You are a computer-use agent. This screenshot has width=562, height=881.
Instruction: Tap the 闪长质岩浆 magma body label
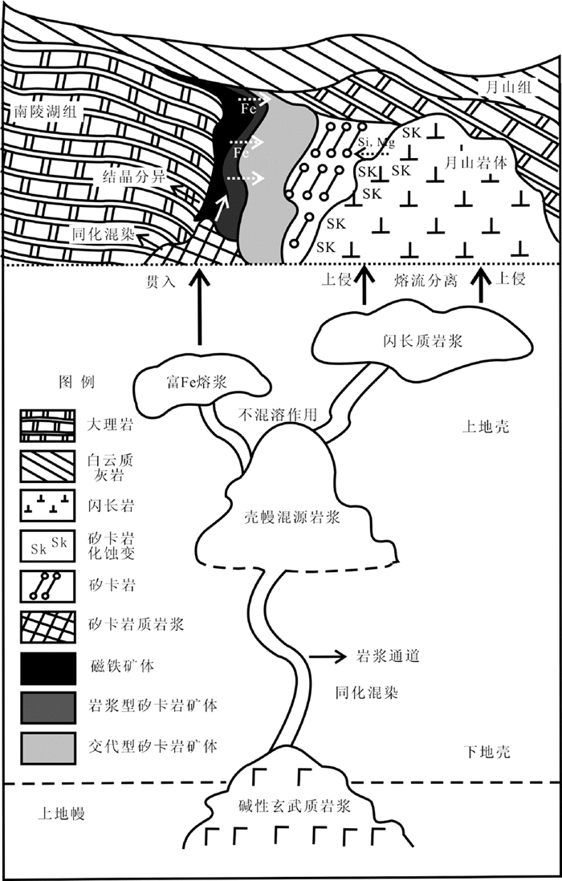point(420,340)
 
